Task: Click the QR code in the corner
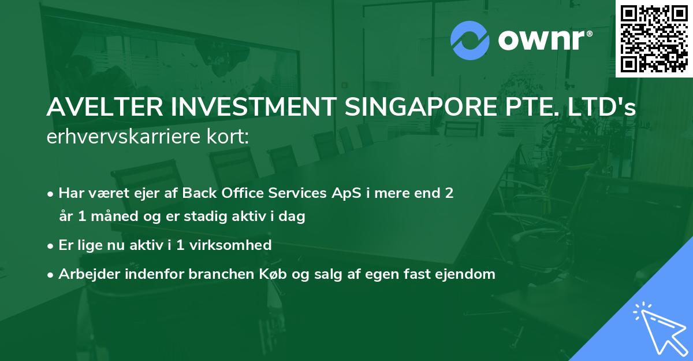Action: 654,38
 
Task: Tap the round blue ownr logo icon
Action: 470,40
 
